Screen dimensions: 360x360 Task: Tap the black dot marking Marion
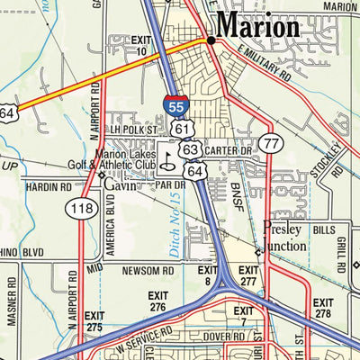pyautogui.click(x=211, y=40)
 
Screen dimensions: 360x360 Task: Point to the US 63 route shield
pyautogui.click(x=190, y=148)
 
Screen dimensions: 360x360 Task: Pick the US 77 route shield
pyautogui.click(x=270, y=143)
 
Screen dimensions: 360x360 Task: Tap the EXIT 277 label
pyautogui.click(x=248, y=274)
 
